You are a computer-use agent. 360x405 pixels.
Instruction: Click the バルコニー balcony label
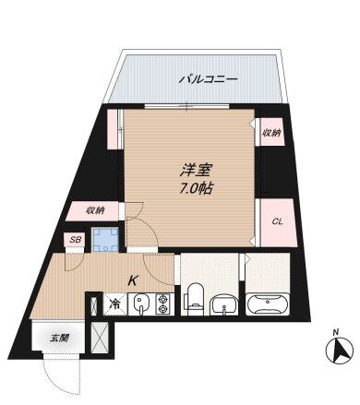click(x=208, y=79)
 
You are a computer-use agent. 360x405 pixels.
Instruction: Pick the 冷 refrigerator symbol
click(x=115, y=302)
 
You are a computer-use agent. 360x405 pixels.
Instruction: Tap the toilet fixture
click(x=193, y=298)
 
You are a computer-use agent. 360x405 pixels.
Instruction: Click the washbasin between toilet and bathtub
click(x=223, y=303)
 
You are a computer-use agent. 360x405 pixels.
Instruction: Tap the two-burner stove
click(x=162, y=303)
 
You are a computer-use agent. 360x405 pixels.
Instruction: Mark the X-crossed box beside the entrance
click(x=102, y=340)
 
